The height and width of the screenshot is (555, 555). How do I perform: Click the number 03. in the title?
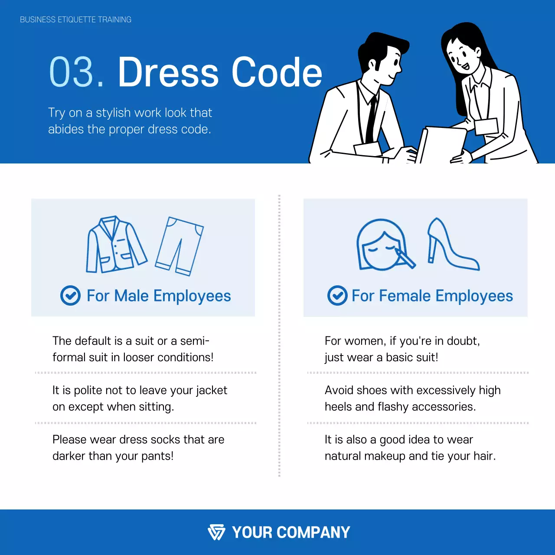tap(77, 72)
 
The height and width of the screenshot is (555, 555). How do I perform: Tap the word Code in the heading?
tap(277, 72)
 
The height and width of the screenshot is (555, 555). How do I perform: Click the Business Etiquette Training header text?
tap(75, 20)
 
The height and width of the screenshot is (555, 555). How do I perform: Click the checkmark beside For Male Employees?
tap(70, 296)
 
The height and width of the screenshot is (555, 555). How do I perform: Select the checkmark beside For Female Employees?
tap(337, 296)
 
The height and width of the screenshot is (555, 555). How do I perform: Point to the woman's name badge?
tap(486, 126)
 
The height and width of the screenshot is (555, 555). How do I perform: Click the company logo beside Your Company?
tap(216, 532)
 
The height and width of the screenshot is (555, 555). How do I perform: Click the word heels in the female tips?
tap(338, 407)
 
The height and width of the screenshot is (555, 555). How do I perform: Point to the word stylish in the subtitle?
tap(113, 113)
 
